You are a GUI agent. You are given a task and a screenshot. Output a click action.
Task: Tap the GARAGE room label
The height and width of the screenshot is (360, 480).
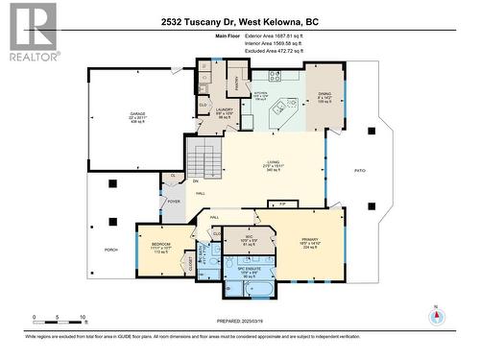pyautogui.click(x=138, y=115)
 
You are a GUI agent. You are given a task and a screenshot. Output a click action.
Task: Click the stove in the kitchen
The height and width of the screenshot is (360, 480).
pyautogui.click(x=274, y=76)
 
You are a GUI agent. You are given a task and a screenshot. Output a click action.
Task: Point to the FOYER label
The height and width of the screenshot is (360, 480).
pyautogui.click(x=174, y=202)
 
